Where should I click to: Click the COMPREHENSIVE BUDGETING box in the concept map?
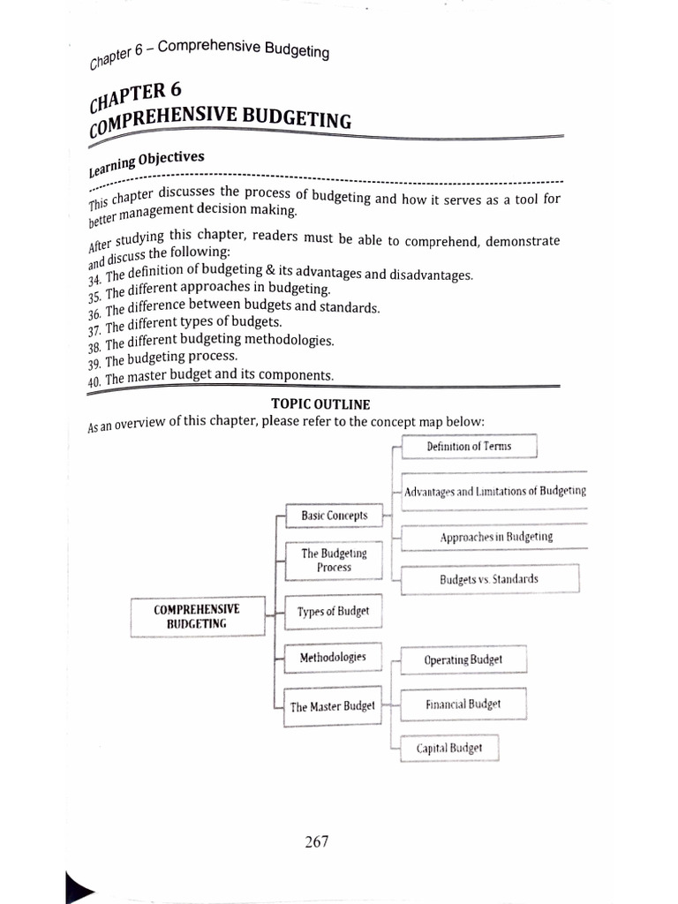[196, 616]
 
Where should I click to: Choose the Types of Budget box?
[334, 611]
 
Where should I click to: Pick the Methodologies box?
[333, 658]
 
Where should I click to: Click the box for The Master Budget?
[333, 706]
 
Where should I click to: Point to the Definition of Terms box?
[469, 447]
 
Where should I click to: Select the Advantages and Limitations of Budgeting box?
[494, 491]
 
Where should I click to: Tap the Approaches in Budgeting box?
[496, 536]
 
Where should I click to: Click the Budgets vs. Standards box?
[489, 579]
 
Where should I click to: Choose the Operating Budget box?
[463, 659]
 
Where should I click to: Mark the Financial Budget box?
[463, 704]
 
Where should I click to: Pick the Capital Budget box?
[449, 748]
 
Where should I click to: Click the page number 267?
[316, 841]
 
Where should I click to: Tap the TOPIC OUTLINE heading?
[308, 404]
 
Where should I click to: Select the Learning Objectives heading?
[147, 161]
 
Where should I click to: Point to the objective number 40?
[94, 380]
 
